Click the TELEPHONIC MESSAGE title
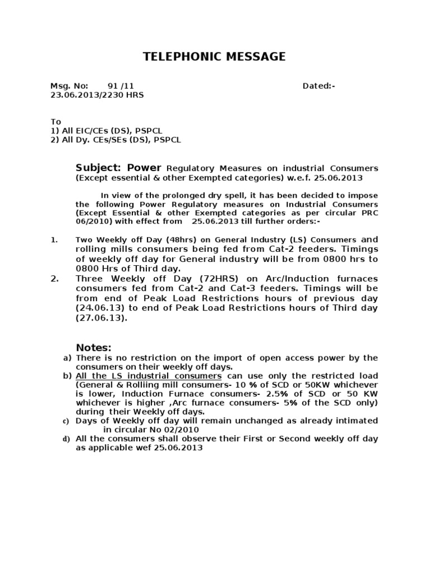[214, 56]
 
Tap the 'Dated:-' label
[319, 86]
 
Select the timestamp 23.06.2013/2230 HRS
[97, 95]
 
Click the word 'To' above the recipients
[55, 122]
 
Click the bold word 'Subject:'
[99, 168]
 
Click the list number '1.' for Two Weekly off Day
[55, 240]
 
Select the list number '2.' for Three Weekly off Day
[55, 278]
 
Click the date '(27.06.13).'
[102, 317]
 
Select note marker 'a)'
[67, 357]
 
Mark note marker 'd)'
[67, 439]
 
